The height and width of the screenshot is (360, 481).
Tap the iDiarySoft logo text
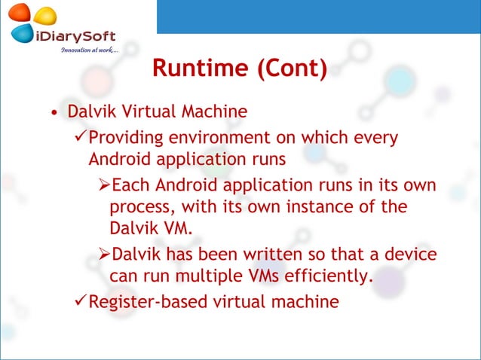click(x=75, y=35)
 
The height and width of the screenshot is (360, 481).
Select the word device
click(x=412, y=255)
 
